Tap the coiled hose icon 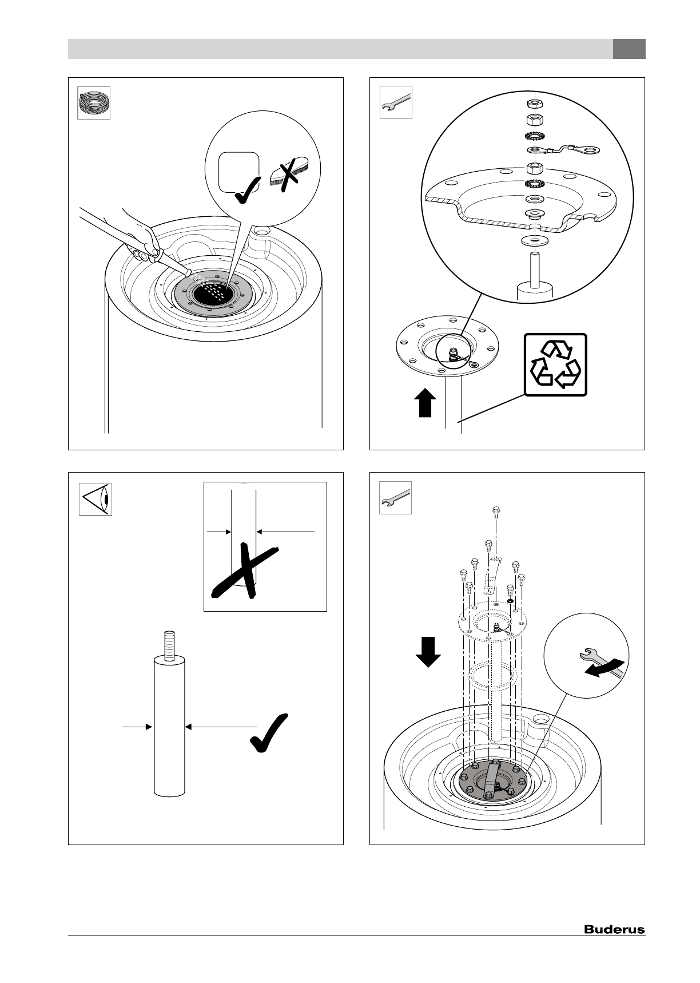click(x=94, y=103)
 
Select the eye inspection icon click(x=95, y=499)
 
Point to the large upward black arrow click(x=424, y=403)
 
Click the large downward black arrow click(x=428, y=652)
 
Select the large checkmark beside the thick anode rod click(x=269, y=733)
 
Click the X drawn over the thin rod click(x=246, y=572)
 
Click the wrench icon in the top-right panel click(x=396, y=102)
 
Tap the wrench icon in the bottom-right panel click(x=396, y=498)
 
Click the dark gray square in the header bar click(x=629, y=49)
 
